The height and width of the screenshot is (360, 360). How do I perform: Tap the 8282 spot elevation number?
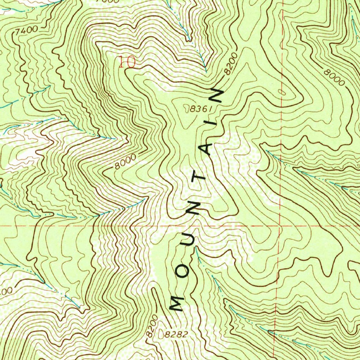pyautogui.click(x=175, y=334)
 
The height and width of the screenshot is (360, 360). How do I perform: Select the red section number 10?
pyautogui.click(x=127, y=62)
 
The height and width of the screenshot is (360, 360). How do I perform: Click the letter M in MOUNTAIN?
pyautogui.click(x=177, y=303)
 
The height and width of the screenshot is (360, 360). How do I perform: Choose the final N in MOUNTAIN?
pyautogui.click(x=217, y=95)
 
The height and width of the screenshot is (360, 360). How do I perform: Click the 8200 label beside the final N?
pyautogui.click(x=231, y=63)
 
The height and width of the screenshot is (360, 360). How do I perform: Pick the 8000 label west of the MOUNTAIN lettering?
pyautogui.click(x=125, y=163)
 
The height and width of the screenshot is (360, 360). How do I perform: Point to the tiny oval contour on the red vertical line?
pyautogui.click(x=281, y=91)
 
